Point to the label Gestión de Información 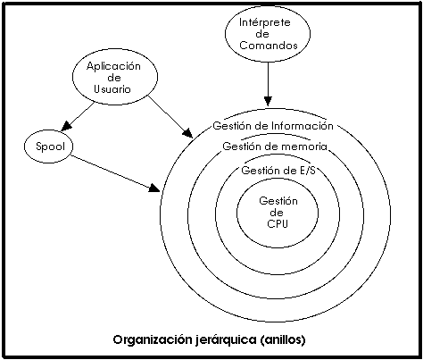[x=273, y=126]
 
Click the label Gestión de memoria [x=275, y=147]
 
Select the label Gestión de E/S [x=278, y=171]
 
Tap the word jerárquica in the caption [x=226, y=339]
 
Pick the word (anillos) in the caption [x=283, y=339]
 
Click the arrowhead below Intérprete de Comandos [x=268, y=101]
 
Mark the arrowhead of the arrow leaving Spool [x=154, y=188]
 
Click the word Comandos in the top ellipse [x=269, y=46]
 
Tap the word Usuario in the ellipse [x=112, y=89]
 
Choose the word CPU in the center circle [x=278, y=223]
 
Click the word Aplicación [x=113, y=66]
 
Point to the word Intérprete [x=265, y=22]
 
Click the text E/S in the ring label [x=306, y=171]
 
